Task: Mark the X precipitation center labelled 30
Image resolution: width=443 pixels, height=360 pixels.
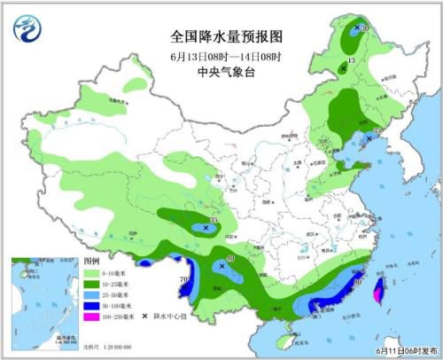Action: pyautogui.click(x=356, y=29)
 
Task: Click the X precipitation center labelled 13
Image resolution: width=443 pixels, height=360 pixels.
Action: pyautogui.click(x=343, y=67)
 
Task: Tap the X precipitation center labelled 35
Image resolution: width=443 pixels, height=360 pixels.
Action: pyautogui.click(x=206, y=228)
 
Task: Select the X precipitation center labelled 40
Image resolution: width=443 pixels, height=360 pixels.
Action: pyautogui.click(x=221, y=265)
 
